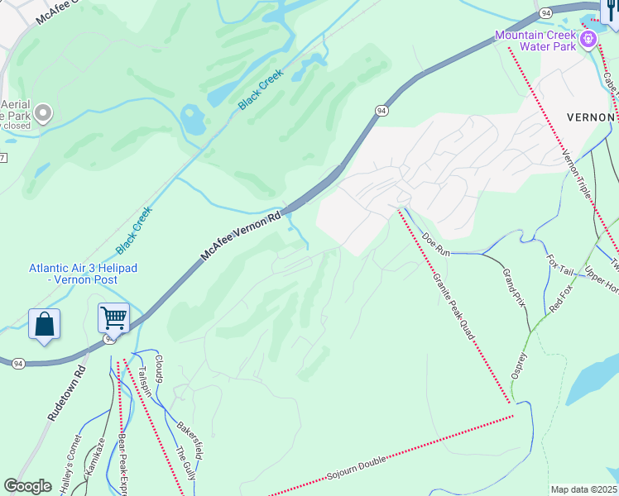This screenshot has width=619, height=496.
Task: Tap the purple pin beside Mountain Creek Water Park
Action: point(589,38)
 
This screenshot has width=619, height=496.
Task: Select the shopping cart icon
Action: point(113,317)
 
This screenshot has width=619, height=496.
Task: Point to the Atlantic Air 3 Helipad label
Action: point(83,274)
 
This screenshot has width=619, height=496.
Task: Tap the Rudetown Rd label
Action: point(67,394)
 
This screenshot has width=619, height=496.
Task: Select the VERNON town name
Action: point(592,117)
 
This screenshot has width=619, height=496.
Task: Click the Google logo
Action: point(27,486)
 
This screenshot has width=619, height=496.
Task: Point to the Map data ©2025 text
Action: point(584,489)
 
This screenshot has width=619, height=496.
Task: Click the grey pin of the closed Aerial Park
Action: point(43,112)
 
